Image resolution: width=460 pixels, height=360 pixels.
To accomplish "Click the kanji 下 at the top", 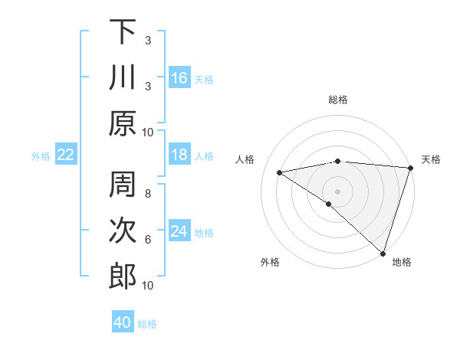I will click(123, 32).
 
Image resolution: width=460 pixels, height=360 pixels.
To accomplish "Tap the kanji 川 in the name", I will click(123, 77).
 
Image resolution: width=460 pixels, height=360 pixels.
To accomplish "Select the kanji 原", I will click(123, 123).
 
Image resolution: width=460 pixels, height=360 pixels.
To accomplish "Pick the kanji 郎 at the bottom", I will click(123, 277).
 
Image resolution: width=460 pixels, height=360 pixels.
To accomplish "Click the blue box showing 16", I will click(179, 77).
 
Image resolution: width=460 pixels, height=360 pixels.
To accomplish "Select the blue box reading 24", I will click(179, 231).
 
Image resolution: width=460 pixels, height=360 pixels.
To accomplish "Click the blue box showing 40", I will click(123, 322).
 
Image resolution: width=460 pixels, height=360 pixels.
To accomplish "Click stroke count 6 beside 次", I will click(147, 240).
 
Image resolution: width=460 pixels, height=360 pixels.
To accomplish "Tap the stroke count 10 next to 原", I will click(147, 132).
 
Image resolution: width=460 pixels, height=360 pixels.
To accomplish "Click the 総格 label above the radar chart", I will click(337, 100).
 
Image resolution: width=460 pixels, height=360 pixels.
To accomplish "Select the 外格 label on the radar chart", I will click(270, 262).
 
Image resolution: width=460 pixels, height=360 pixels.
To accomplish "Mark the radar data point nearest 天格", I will click(410, 168).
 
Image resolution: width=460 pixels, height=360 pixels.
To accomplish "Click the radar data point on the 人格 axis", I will click(279, 172).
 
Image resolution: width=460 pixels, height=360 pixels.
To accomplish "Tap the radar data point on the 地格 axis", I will click(383, 253).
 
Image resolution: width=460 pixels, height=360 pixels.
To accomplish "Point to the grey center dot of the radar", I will click(337, 190).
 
